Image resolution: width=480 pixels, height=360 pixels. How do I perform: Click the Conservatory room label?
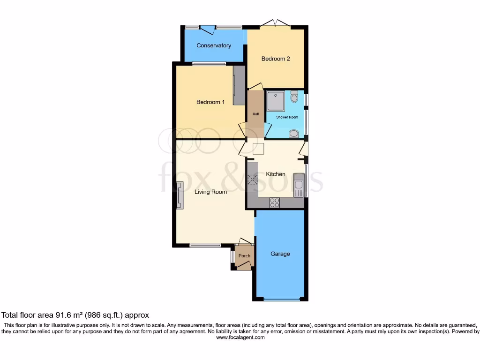point(214,45)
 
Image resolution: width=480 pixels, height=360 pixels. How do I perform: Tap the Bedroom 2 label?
point(276,59)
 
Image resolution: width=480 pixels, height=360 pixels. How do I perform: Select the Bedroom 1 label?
point(210,102)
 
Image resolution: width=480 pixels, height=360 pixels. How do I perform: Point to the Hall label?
point(255,114)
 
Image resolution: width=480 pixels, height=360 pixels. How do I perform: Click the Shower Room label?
point(287,117)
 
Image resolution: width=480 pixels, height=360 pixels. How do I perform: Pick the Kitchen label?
point(276,174)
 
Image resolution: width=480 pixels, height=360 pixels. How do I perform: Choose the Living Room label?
point(211,192)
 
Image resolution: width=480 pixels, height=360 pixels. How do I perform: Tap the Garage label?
point(280,254)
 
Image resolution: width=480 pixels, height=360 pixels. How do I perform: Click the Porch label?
point(244,256)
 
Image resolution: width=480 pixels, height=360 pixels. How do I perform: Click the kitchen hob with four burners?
point(275,203)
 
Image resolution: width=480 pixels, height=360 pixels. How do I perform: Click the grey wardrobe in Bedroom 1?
point(239,85)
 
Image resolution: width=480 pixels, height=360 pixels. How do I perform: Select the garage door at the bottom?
point(281,299)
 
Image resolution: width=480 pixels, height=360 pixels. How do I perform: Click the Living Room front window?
point(205,245)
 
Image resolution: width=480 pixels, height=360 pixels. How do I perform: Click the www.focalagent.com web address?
point(240,337)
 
